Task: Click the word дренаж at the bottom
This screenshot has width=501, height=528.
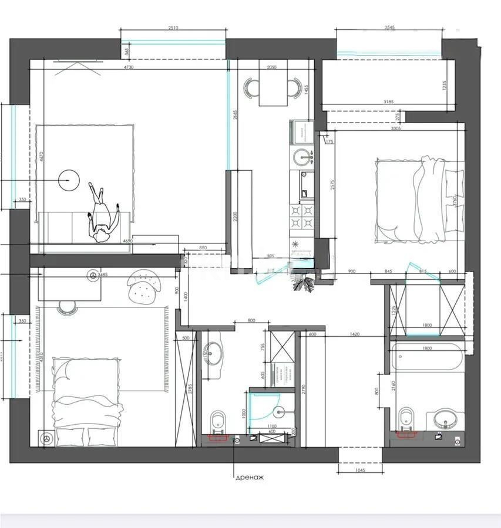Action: (x=250, y=478)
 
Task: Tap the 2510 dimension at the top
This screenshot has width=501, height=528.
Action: (x=173, y=28)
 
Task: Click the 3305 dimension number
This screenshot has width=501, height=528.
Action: (x=395, y=128)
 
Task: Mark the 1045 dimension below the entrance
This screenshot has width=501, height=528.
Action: (x=359, y=470)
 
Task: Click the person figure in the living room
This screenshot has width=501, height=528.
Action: (x=103, y=214)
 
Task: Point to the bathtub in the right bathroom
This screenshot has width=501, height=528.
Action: (x=427, y=358)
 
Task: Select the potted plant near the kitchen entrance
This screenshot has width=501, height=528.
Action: (x=305, y=285)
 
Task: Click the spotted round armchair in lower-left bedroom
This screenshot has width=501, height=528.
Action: (x=143, y=286)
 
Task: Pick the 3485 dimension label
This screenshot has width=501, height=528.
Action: (x=102, y=275)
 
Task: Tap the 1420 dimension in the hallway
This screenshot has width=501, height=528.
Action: (x=353, y=334)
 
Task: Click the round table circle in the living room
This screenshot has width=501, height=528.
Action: (x=68, y=180)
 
